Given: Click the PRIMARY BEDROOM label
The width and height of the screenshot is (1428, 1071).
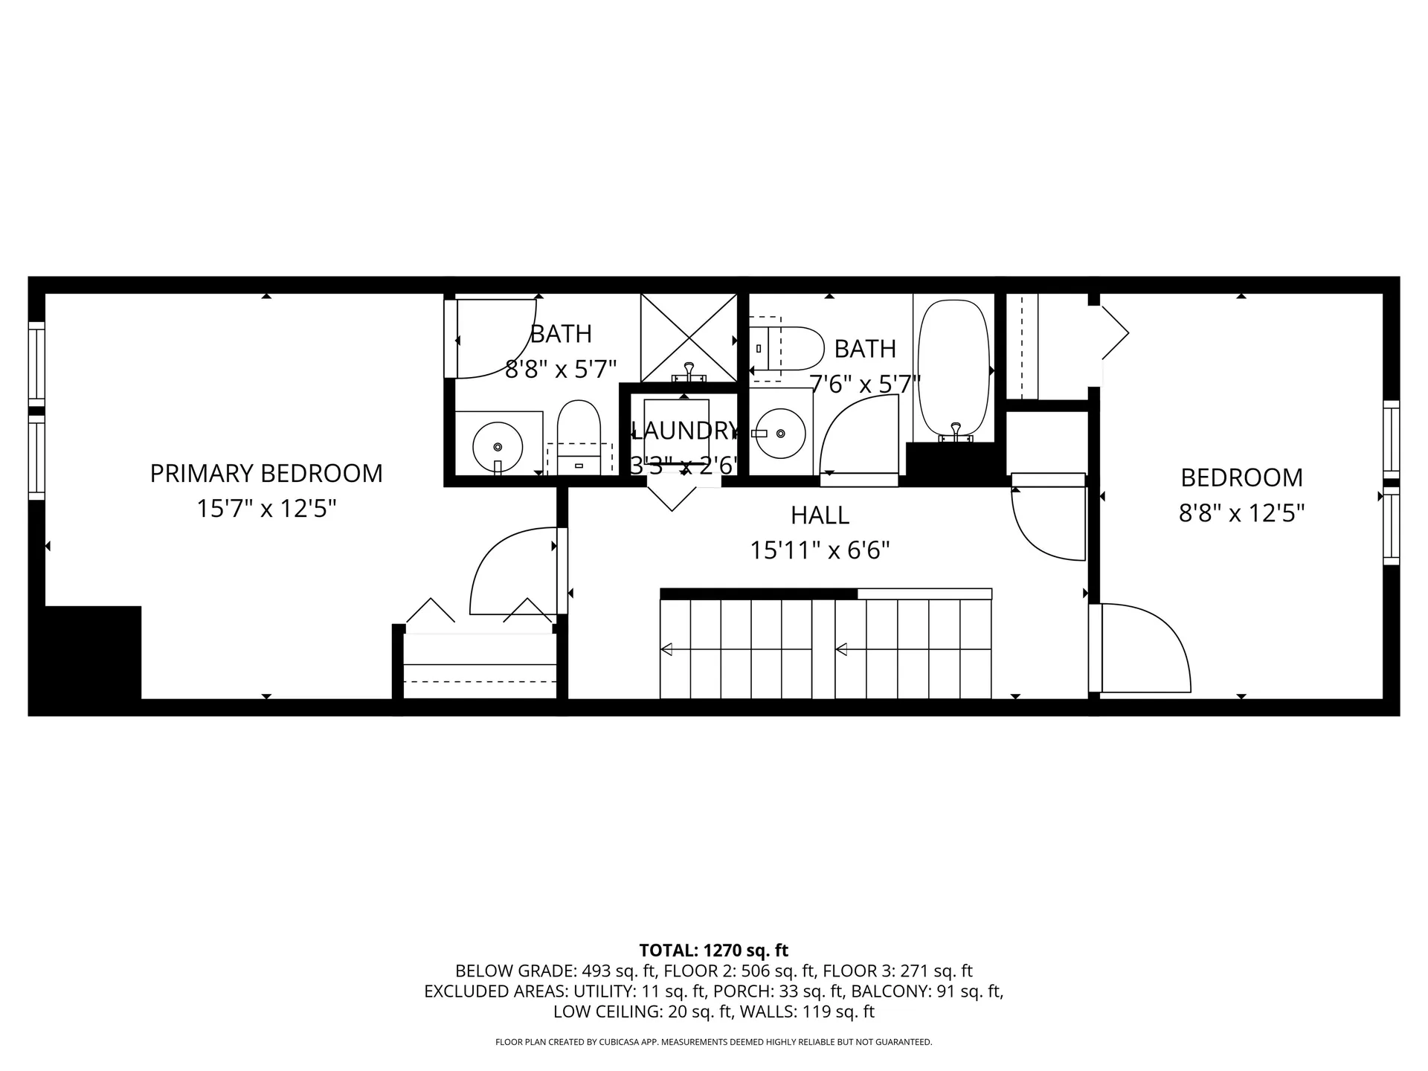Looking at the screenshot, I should click(x=266, y=474).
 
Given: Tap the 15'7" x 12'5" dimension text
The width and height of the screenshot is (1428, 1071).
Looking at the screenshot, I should click(x=266, y=509).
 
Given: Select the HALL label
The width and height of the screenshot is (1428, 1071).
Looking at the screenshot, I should click(x=820, y=515).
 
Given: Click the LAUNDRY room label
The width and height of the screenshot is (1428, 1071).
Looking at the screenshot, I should click(x=684, y=431).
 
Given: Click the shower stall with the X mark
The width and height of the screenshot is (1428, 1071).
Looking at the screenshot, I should click(x=689, y=337).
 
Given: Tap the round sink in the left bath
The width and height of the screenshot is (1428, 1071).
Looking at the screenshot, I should click(x=498, y=446).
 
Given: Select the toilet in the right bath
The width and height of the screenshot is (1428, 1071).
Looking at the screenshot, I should click(x=788, y=348).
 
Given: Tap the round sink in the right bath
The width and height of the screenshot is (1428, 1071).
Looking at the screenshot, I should click(x=780, y=433).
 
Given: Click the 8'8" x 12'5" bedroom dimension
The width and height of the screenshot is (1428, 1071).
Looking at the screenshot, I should click(x=1241, y=513).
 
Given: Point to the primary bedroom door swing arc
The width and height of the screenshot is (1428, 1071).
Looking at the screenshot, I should click(x=506, y=569).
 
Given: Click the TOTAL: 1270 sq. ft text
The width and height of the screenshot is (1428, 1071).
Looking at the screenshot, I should click(x=713, y=951).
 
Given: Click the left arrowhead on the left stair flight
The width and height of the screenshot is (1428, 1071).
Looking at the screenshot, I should click(x=666, y=650).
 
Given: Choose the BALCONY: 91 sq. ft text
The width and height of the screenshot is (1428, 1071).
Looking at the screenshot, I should click(x=927, y=991).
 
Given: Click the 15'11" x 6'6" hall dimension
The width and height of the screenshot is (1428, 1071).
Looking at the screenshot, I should click(x=820, y=550).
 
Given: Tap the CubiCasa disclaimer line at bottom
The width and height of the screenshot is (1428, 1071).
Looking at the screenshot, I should click(x=713, y=1042).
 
